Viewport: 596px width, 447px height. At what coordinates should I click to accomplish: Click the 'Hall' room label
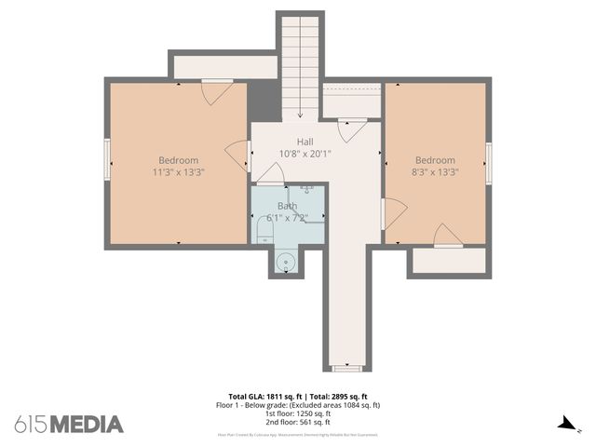[305, 141]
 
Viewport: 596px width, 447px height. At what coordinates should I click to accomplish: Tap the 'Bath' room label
[287, 206]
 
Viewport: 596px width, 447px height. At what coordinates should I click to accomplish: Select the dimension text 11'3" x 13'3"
[179, 171]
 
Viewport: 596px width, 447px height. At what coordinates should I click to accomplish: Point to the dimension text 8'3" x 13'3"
[435, 171]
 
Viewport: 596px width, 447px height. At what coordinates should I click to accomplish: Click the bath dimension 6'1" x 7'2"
[287, 218]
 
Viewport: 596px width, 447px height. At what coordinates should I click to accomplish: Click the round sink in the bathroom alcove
[286, 263]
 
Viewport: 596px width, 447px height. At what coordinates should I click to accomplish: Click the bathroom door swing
[270, 173]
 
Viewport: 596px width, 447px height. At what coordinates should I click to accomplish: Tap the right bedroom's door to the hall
[393, 213]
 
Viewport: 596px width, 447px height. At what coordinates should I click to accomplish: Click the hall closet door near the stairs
[351, 130]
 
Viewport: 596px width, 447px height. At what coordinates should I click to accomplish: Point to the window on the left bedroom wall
[107, 159]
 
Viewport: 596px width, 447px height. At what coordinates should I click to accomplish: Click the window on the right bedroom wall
[488, 164]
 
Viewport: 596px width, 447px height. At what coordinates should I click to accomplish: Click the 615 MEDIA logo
[69, 424]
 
